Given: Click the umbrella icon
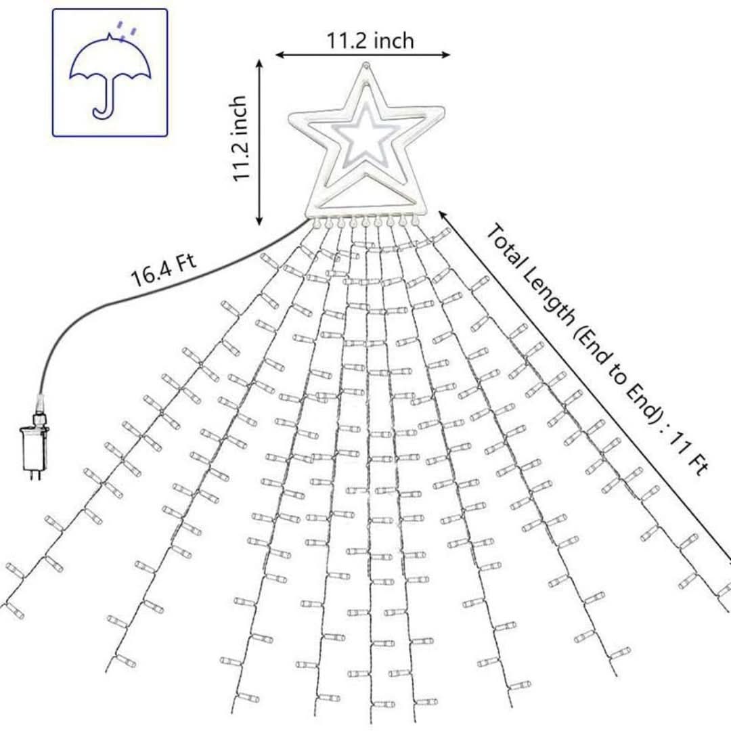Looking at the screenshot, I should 110,73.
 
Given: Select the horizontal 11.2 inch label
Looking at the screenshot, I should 370,41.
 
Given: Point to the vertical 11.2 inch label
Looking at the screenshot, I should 239,138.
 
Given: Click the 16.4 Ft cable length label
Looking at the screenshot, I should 163,269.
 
